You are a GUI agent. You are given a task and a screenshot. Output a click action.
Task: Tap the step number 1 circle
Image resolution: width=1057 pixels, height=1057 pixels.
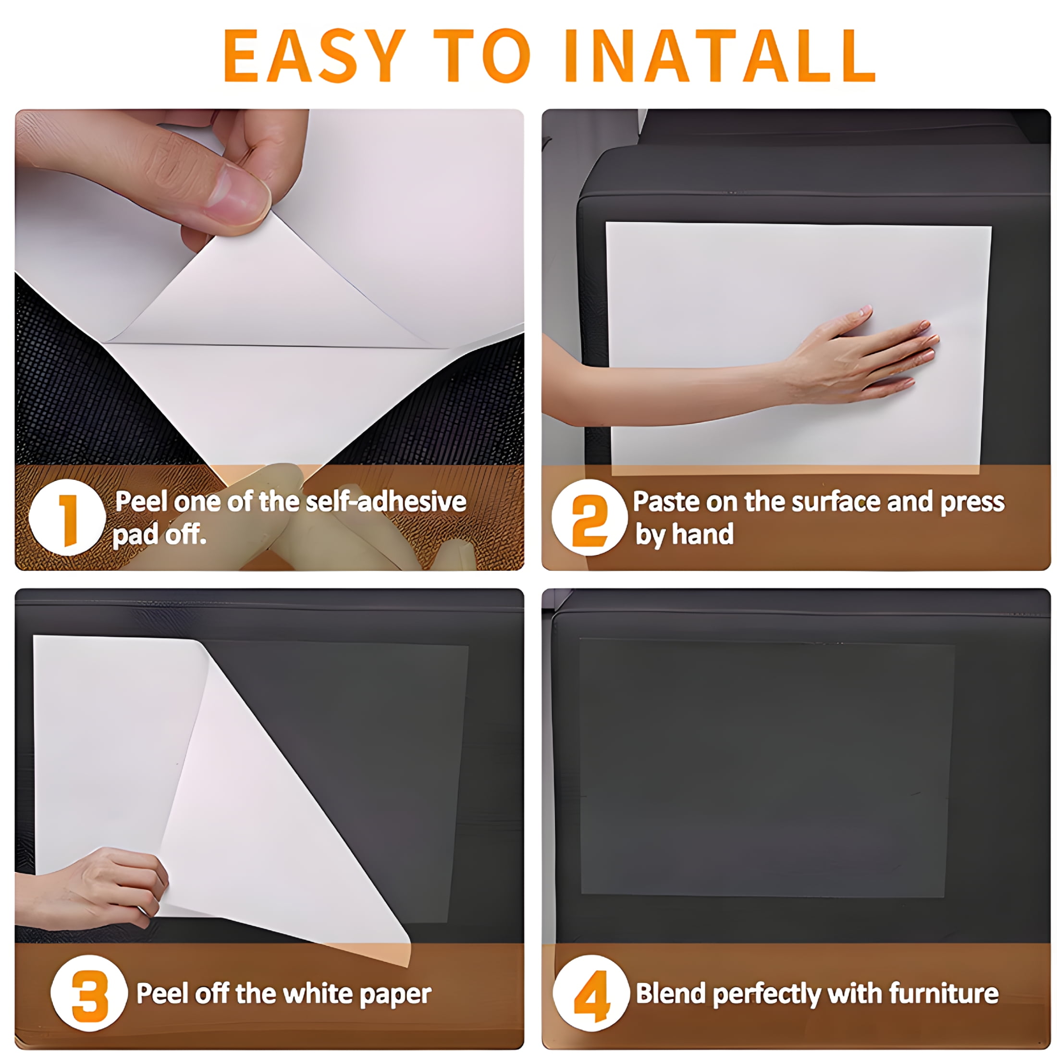pyautogui.click(x=67, y=517)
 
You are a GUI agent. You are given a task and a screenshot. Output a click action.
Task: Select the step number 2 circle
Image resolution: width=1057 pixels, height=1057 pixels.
pyautogui.click(x=589, y=517)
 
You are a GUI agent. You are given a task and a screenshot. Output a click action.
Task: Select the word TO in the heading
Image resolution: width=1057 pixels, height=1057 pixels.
pyautogui.click(x=482, y=56)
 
